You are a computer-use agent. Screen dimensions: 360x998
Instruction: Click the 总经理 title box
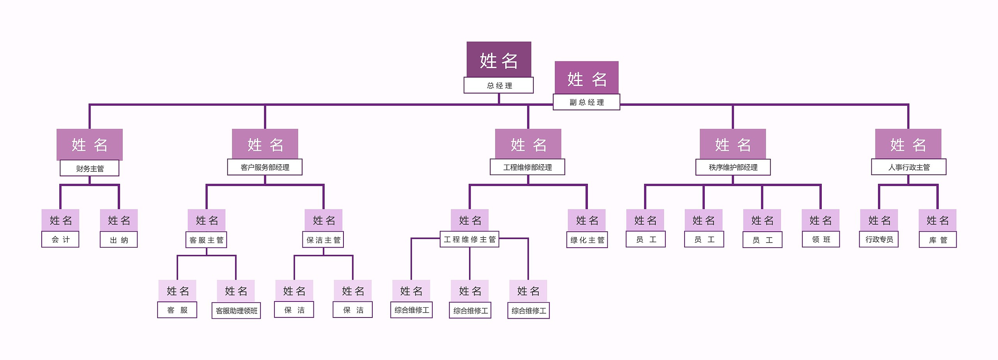tap(498, 85)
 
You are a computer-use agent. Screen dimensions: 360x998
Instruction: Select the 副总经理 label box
tap(586, 102)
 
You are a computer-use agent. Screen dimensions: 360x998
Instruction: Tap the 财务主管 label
tap(89, 168)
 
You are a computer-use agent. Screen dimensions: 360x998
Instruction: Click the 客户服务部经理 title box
tap(265, 167)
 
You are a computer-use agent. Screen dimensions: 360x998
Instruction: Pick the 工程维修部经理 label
tap(527, 167)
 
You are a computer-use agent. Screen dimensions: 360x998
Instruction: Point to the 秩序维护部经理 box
tap(733, 167)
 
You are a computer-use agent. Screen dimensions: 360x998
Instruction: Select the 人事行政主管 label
tap(908, 167)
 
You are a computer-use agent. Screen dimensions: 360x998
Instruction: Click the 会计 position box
tap(60, 239)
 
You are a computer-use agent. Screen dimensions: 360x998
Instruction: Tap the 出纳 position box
tap(119, 239)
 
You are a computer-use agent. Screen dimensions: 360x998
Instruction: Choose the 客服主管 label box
tap(206, 239)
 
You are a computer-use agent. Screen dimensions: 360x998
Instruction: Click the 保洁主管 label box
tap(323, 239)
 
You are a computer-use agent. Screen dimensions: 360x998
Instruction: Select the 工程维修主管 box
tap(469, 239)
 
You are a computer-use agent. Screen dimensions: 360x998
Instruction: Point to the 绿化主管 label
tap(587, 239)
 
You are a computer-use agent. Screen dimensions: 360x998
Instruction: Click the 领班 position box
tap(821, 239)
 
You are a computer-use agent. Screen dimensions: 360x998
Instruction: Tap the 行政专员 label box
tap(879, 239)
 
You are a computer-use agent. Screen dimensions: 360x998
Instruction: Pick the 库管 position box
tap(938, 239)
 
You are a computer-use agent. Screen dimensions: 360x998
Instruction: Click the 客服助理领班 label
tap(236, 310)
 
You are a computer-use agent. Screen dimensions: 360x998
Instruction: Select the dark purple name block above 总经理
tap(499, 60)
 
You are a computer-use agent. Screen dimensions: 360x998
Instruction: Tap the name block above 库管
tap(937, 220)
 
